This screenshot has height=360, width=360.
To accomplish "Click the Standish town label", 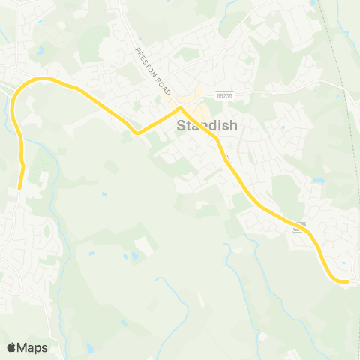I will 207,126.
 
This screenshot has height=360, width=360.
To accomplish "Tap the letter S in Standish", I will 181,126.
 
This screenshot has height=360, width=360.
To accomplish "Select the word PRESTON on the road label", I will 145,61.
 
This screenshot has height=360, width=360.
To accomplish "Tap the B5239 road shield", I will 223,95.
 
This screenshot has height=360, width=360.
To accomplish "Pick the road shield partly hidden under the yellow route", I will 300,226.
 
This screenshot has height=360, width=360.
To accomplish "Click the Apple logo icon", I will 12,347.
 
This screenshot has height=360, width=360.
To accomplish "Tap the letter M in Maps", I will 22,347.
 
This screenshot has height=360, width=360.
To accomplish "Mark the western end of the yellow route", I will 19,188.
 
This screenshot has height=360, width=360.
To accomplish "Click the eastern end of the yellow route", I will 347,281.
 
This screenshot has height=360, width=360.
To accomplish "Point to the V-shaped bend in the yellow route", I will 136,133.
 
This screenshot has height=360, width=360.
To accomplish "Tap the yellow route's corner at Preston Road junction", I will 180,108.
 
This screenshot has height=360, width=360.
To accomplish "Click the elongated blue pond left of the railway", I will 317,181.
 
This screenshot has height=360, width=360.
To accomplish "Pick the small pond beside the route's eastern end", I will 344,262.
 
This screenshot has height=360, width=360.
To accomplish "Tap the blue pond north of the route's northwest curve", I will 40,51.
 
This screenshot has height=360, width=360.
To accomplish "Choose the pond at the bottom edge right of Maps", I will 90,347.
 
